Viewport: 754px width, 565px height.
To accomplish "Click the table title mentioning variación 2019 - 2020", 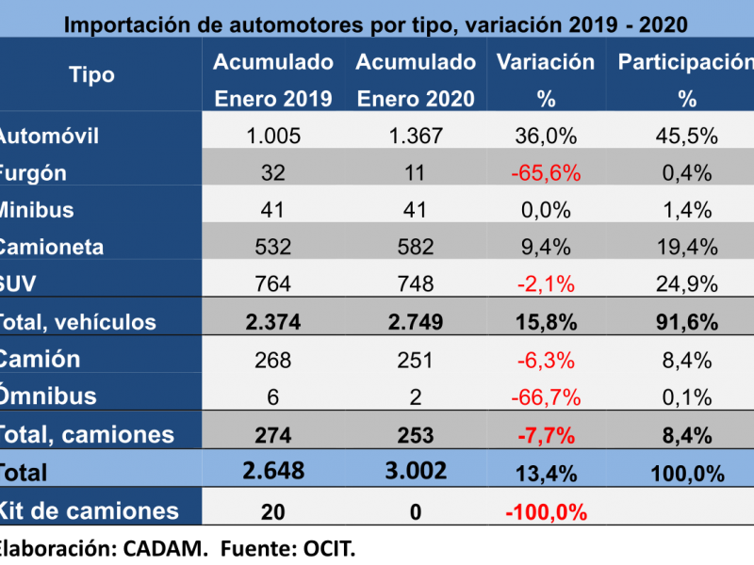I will point(375,24).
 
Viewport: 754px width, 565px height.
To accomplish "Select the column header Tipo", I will point(92,75).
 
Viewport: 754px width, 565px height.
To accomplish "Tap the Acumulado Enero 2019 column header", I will point(273,80).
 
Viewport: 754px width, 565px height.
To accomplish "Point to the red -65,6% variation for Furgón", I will point(546,173).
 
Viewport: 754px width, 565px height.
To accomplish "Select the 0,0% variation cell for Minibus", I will point(546,210).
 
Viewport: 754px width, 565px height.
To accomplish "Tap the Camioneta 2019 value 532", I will point(273,248).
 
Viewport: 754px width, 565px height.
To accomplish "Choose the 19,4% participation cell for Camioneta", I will point(687,248).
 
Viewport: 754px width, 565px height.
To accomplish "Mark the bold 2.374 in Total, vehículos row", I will point(273,322).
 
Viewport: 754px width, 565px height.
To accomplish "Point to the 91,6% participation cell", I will point(687,322).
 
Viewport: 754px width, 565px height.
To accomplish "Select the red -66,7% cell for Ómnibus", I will point(546,396).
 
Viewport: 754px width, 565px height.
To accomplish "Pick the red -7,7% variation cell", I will point(546,434).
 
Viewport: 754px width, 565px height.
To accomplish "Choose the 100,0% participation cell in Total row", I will point(687,473).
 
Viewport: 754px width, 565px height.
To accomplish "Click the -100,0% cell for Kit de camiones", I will point(546,512).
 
